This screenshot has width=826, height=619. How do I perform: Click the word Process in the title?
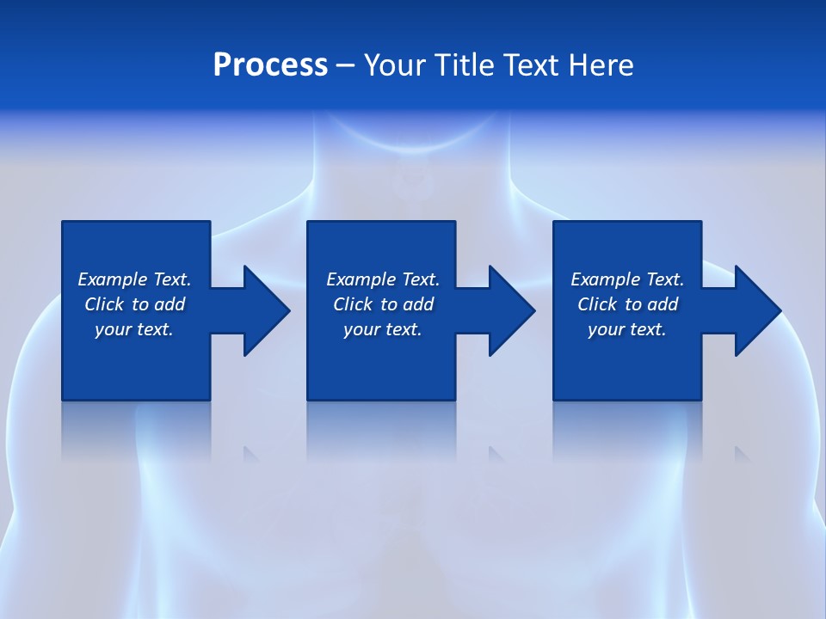tap(270, 65)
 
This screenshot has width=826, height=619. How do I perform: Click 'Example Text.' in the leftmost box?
tap(134, 279)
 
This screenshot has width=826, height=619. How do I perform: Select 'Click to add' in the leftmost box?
tap(134, 304)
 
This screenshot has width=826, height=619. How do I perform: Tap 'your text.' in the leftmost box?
tap(134, 329)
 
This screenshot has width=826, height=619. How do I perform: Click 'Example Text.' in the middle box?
tap(383, 279)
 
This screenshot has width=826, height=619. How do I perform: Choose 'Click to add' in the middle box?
tap(383, 304)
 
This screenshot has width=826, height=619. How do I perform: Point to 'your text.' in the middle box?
tap(383, 329)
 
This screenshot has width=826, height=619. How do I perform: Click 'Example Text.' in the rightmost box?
tap(627, 279)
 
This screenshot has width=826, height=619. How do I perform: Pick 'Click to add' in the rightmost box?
tap(627, 304)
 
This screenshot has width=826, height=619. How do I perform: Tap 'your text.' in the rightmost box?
tap(627, 329)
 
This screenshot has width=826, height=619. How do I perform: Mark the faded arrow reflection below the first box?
tap(251, 454)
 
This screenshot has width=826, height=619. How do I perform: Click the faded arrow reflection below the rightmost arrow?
tap(742, 454)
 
